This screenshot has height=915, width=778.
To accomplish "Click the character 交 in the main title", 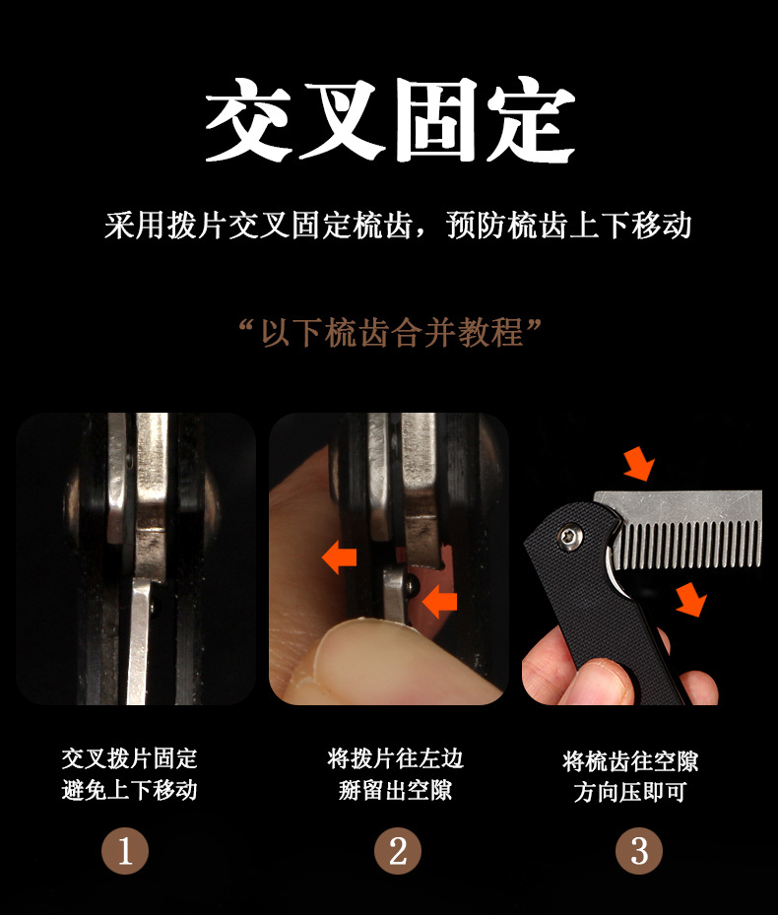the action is (248, 119).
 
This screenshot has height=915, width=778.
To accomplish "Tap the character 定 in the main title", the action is (531, 119).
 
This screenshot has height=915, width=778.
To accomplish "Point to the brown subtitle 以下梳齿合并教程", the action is (392, 333).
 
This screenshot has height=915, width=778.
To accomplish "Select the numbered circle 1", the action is (125, 851).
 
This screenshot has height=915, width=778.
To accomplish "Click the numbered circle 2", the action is (398, 851).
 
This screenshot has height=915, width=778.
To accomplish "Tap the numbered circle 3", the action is (639, 851).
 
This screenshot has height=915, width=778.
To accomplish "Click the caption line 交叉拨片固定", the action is (130, 758).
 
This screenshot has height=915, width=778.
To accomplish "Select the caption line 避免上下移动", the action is (130, 790).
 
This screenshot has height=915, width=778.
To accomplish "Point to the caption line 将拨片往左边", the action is (396, 758).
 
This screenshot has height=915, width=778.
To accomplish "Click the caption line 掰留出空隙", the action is (396, 790).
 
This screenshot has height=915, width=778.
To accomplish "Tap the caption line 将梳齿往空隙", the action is (630, 761).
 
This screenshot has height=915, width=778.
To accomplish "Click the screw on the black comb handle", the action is (569, 537).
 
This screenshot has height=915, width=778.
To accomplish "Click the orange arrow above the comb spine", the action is (639, 464).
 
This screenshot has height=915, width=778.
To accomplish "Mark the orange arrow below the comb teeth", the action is (691, 599).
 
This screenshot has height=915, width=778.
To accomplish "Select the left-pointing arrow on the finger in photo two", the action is (339, 556).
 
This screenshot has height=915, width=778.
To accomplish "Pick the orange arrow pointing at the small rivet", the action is (439, 602).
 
